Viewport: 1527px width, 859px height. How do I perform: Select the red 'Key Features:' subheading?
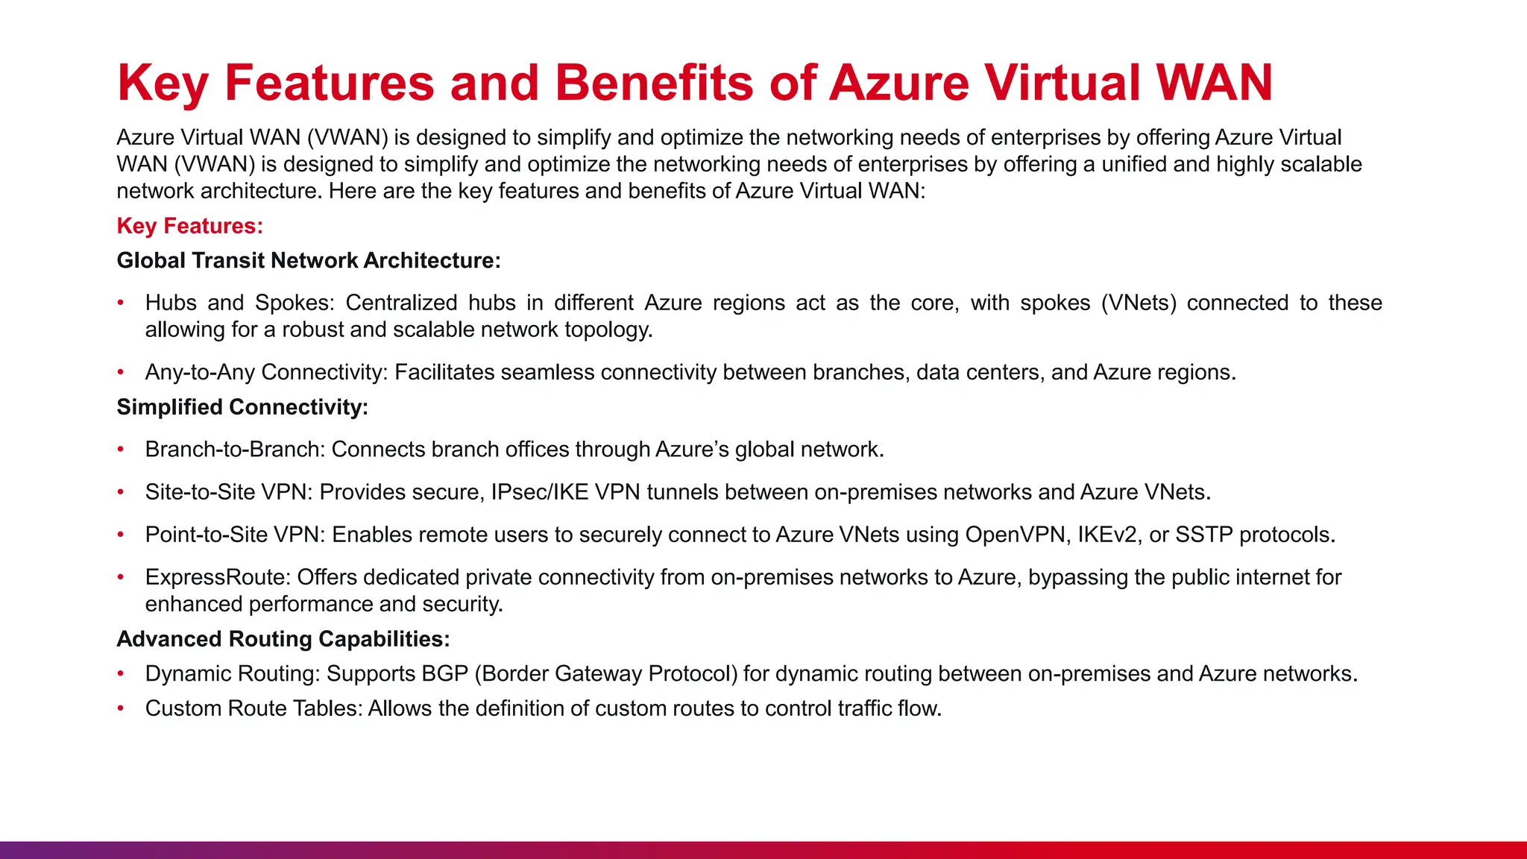coord(190,226)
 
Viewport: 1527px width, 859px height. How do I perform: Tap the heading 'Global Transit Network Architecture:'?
coord(309,260)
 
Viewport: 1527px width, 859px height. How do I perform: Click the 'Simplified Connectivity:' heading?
coord(242,407)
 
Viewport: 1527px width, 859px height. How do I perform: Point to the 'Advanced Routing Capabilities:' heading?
coord(283,639)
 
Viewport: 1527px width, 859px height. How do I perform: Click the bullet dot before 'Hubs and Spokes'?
coord(121,303)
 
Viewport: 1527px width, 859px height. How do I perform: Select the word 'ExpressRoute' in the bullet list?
coord(217,577)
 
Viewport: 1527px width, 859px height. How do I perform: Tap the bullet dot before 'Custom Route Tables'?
coord(121,708)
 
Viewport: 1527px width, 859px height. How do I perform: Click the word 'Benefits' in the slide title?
coord(654,82)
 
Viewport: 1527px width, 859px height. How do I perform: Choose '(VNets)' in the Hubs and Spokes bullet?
coord(1139,303)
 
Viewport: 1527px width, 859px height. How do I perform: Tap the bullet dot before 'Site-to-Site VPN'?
coord(121,492)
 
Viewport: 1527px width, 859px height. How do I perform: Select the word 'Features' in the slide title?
coord(329,82)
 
